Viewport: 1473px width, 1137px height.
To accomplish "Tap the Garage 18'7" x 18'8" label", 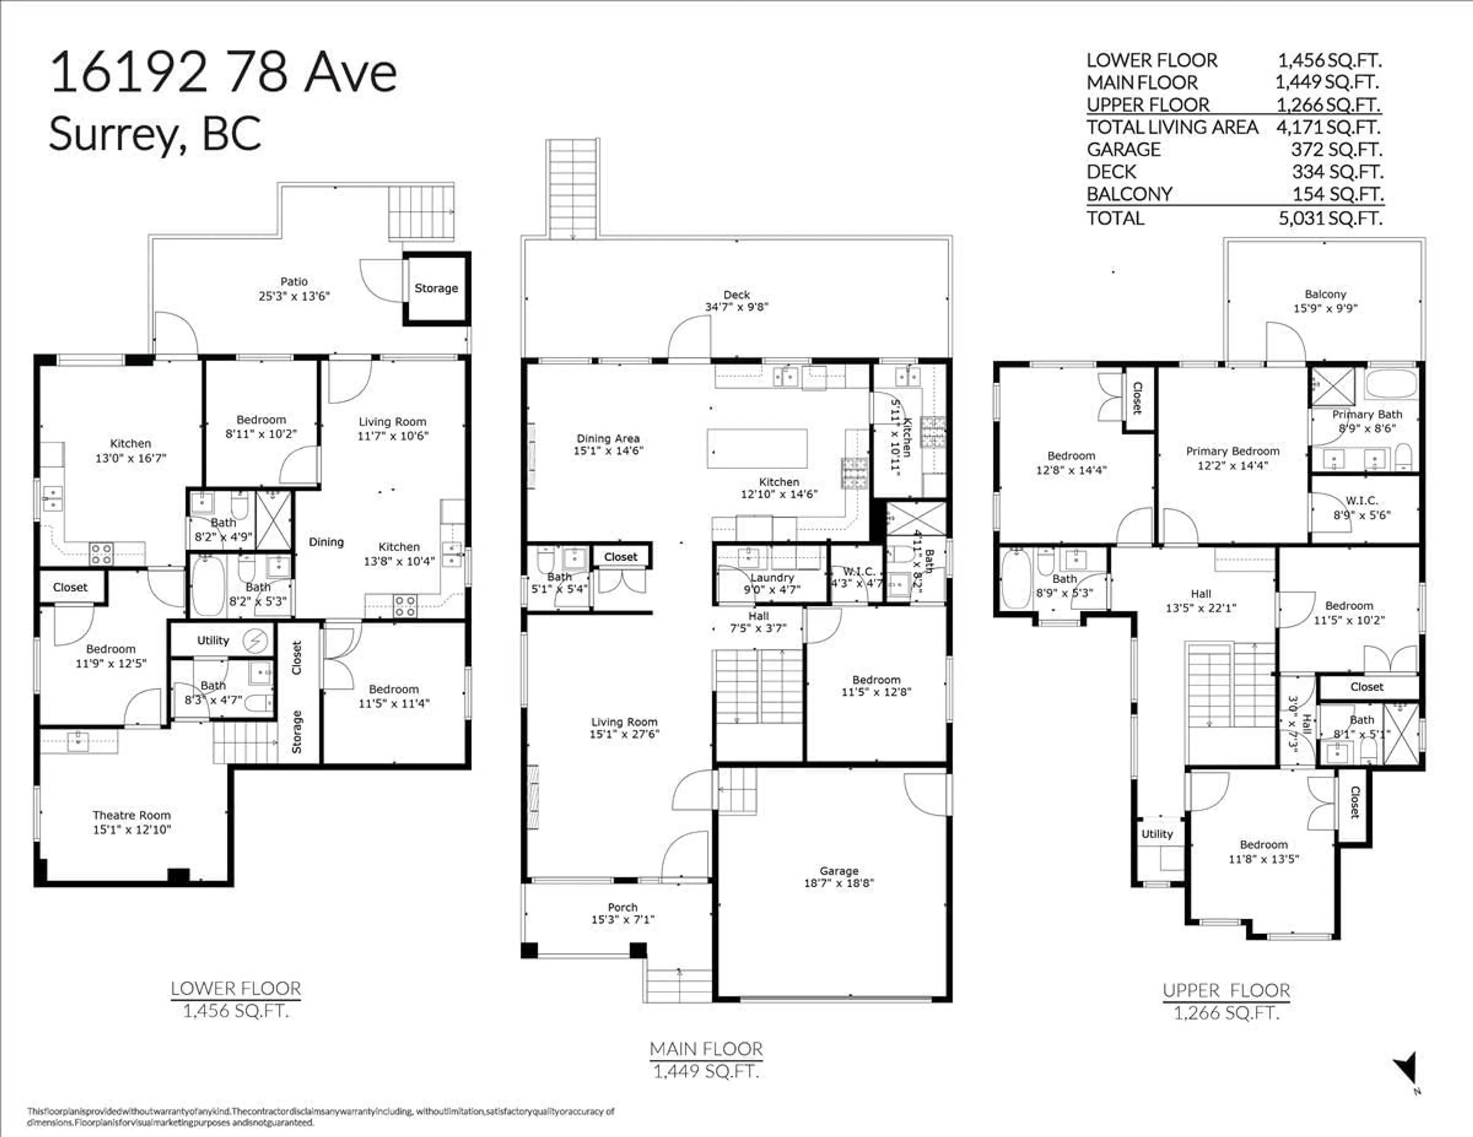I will click(x=839, y=877).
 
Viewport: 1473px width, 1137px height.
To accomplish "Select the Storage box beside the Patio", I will click(x=436, y=288).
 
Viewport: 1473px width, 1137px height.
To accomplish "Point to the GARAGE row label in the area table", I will click(x=1123, y=150).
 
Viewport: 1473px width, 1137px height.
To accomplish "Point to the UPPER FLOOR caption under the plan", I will click(x=1226, y=991).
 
